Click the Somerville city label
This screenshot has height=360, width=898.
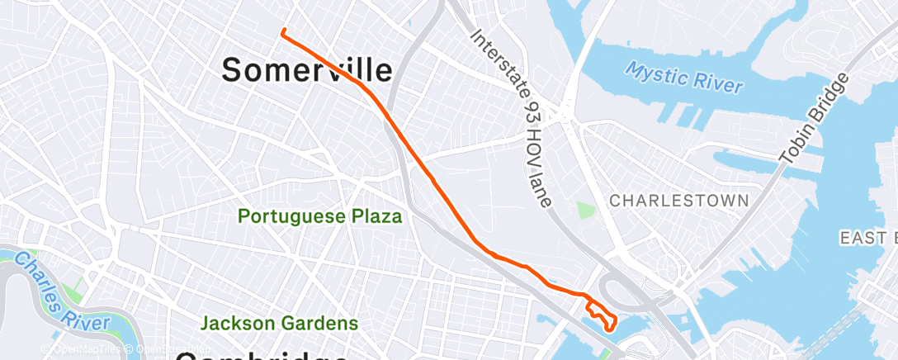[306, 70]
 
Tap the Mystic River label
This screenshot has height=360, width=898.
[683, 78]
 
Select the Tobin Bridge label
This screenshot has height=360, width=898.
[814, 117]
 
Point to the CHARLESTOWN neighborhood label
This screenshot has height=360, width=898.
[678, 201]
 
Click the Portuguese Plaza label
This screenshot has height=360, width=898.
[320, 217]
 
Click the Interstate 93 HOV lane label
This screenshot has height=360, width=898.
[512, 121]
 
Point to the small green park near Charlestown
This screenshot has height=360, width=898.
[586, 211]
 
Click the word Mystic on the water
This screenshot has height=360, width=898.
[653, 73]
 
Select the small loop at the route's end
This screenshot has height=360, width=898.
[602, 315]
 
